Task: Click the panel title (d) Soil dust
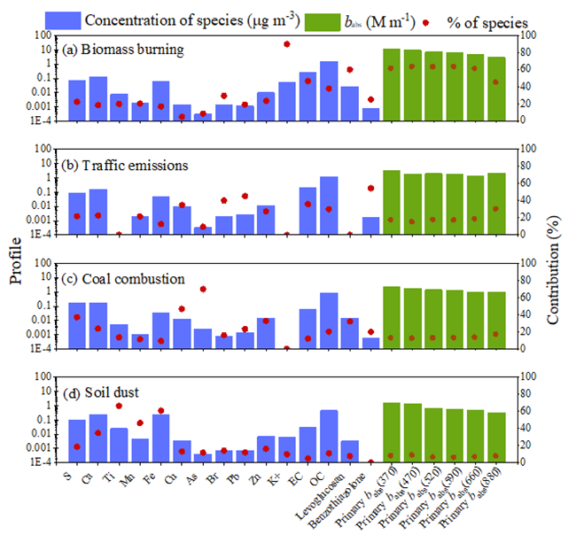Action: (106, 392)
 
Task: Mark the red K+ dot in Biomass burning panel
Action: (287, 43)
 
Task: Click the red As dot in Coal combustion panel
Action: (204, 289)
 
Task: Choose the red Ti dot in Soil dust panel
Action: (119, 406)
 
